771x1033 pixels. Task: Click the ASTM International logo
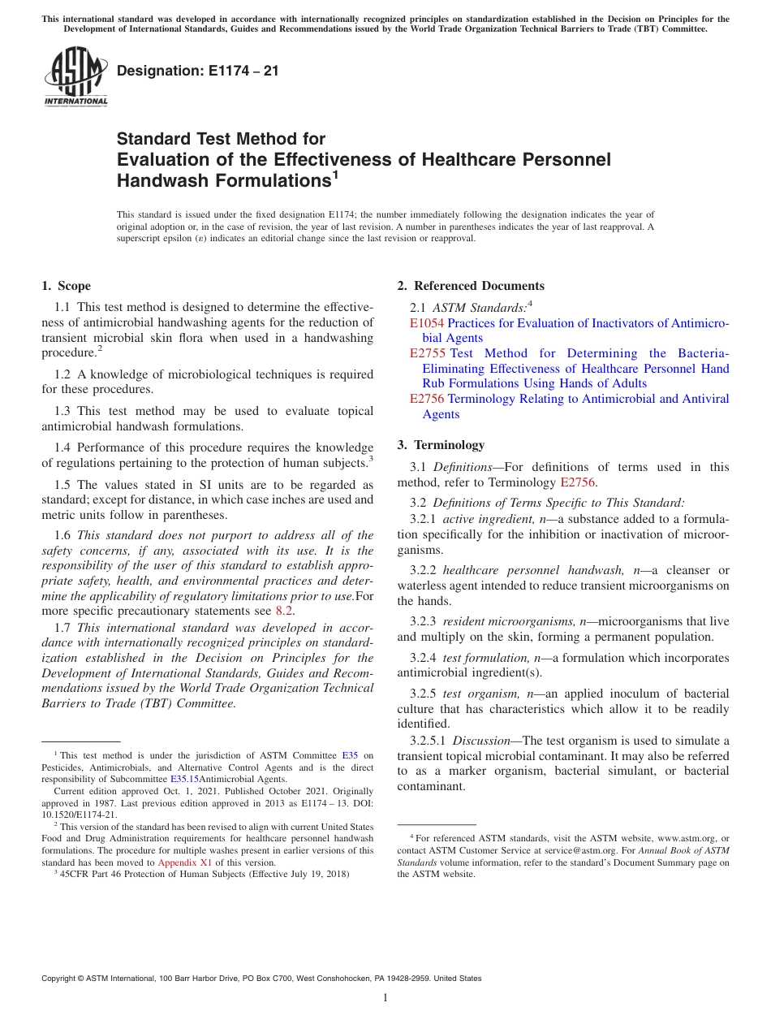pyautogui.click(x=75, y=77)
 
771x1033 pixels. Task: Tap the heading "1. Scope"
pyautogui.click(x=67, y=286)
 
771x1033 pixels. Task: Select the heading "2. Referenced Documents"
pyautogui.click(x=471, y=286)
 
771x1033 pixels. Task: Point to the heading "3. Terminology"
pyautogui.click(x=441, y=445)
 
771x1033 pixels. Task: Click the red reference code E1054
pyautogui.click(x=427, y=323)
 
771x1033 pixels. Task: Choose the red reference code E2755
pyautogui.click(x=427, y=353)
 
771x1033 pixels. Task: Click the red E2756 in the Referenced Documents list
pyautogui.click(x=427, y=399)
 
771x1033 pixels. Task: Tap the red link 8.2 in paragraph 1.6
pyautogui.click(x=284, y=611)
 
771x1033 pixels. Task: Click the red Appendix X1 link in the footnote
pyautogui.click(x=184, y=862)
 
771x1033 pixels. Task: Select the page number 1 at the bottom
pyautogui.click(x=385, y=998)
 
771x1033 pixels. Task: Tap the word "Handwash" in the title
pyautogui.click(x=163, y=180)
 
